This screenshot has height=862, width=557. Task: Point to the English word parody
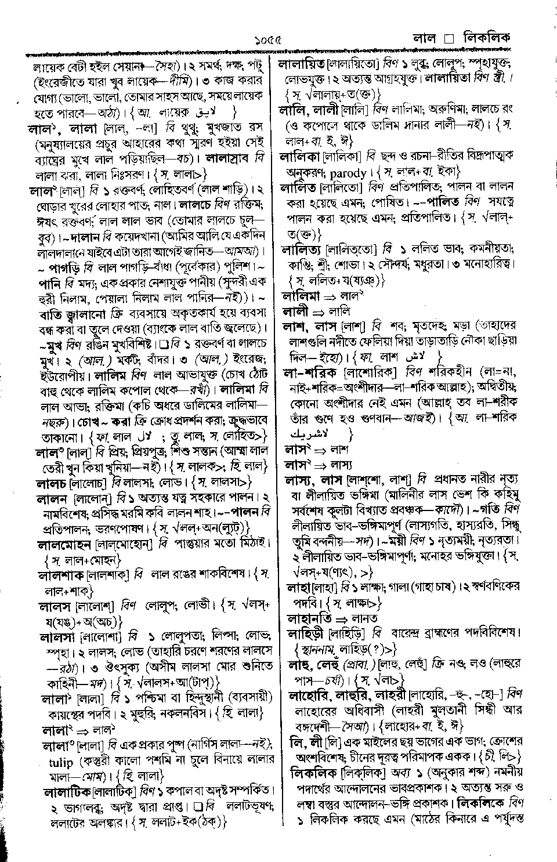348,173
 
